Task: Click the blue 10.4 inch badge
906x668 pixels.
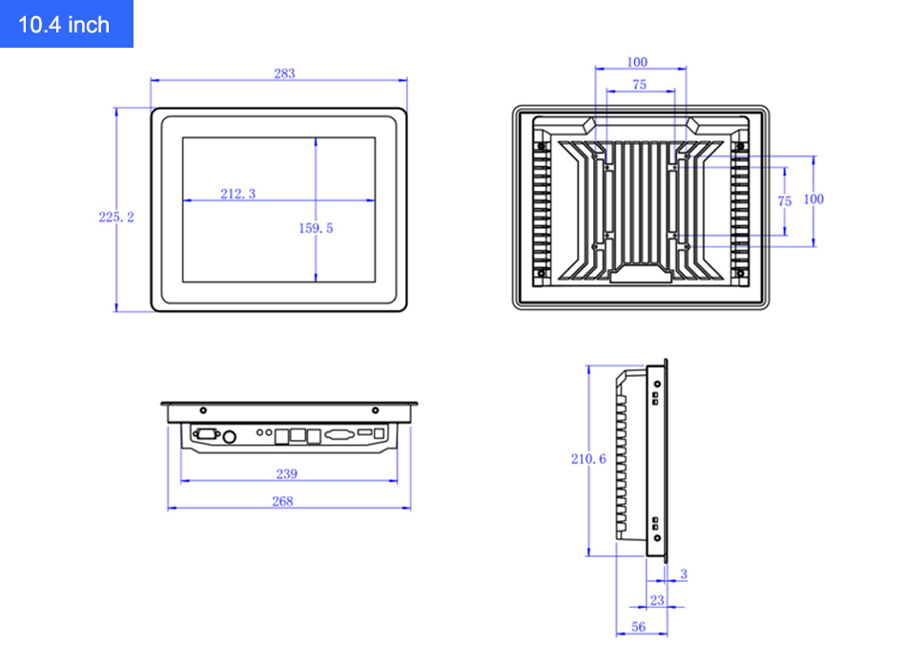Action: [x=65, y=24]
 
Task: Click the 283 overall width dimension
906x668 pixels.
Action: [x=284, y=73]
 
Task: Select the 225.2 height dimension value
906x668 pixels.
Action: [x=116, y=218]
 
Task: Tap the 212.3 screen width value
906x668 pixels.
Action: [x=238, y=194]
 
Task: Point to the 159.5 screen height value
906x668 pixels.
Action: [x=316, y=228]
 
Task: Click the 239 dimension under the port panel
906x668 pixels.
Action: [x=286, y=473]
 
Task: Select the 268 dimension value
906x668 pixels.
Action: [x=282, y=501]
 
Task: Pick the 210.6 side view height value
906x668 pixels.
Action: [x=588, y=459]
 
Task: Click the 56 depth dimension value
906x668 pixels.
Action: [x=639, y=627]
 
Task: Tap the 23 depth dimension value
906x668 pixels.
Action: [x=657, y=600]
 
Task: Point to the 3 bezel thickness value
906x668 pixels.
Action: [x=683, y=574]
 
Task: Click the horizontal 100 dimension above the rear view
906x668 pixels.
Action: [x=637, y=63]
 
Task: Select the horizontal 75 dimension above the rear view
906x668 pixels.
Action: [x=639, y=85]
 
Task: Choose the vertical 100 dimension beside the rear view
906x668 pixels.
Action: [x=813, y=198]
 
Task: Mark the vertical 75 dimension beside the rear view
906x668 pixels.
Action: [x=785, y=201]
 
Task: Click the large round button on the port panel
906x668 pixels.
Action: [x=230, y=437]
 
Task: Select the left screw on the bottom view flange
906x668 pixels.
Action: [x=202, y=410]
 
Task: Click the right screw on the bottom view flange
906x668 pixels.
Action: [x=375, y=410]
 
